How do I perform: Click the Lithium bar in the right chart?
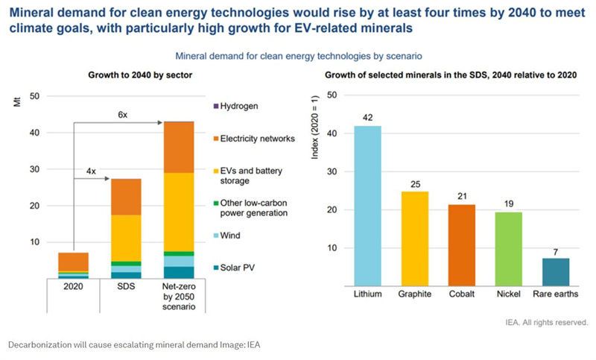click(x=367, y=206)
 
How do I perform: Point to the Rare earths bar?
click(x=556, y=272)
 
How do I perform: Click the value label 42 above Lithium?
click(x=367, y=118)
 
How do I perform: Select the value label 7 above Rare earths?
click(x=556, y=250)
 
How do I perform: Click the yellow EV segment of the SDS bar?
click(x=126, y=238)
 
